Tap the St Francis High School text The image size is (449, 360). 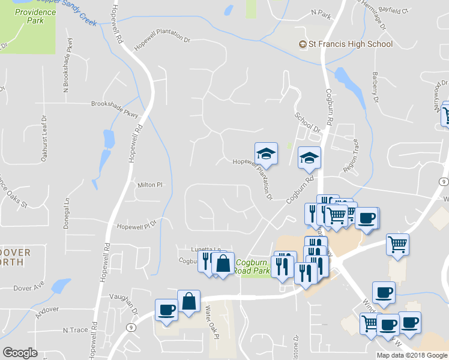pos(351,44)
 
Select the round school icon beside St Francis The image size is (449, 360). pos(303,44)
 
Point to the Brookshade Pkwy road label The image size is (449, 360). pos(115,107)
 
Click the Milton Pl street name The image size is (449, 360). pos(150,185)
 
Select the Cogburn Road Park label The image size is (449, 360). pos(253,266)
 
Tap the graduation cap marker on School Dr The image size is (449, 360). pos(310,157)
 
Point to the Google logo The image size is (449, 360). pos(20,353)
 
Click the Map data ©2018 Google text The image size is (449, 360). pos(412,355)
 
